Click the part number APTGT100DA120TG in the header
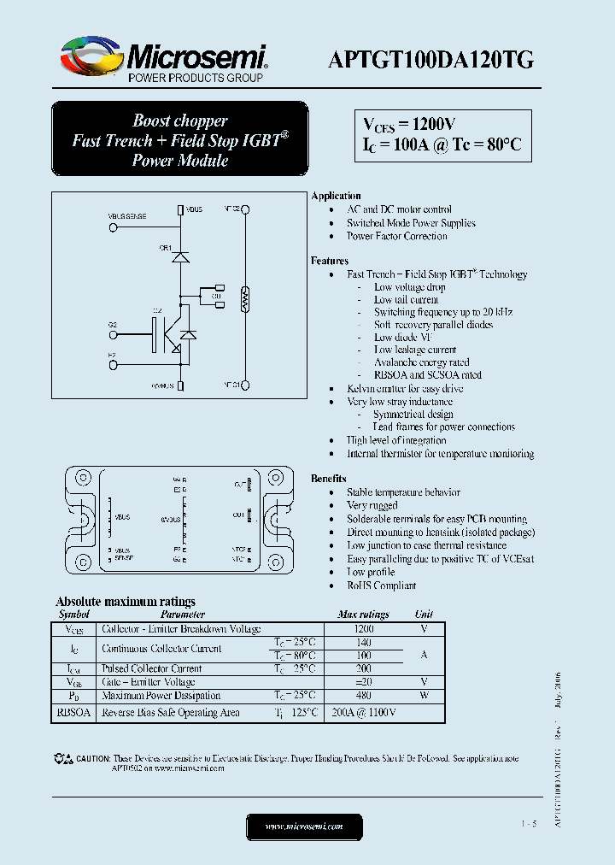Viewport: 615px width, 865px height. pyautogui.click(x=432, y=58)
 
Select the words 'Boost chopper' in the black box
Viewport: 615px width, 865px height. pyautogui.click(x=179, y=121)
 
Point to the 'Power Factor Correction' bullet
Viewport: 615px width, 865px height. pyautogui.click(x=396, y=236)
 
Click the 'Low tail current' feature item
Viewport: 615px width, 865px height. pyautogui.click(x=406, y=299)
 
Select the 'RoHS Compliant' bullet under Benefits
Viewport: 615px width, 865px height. pyautogui.click(x=381, y=585)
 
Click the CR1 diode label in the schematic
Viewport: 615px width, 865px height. pyautogui.click(x=165, y=248)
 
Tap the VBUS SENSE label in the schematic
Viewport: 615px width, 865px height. pyautogui.click(x=128, y=217)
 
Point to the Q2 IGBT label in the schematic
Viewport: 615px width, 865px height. pyautogui.click(x=157, y=310)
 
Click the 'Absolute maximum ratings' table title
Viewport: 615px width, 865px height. pyautogui.click(x=126, y=602)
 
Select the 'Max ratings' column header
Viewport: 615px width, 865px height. pyautogui.click(x=363, y=615)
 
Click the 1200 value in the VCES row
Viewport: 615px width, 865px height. pyautogui.click(x=363, y=628)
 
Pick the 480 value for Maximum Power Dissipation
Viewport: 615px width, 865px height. pyautogui.click(x=363, y=696)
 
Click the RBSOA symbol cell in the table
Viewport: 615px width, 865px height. pyautogui.click(x=73, y=712)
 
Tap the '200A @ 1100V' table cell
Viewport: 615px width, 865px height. pyautogui.click(x=363, y=712)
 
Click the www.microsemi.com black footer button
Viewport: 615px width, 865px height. pyautogui.click(x=304, y=827)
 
